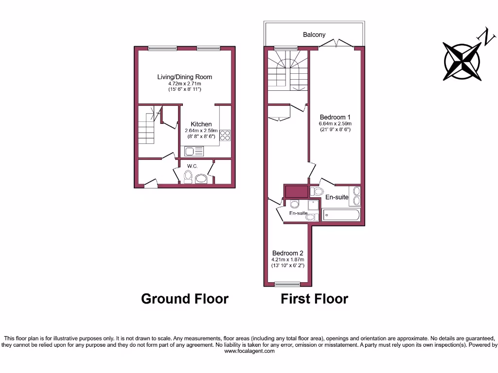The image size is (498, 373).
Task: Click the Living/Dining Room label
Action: pos(184,77)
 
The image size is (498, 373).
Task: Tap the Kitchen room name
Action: pos(201,124)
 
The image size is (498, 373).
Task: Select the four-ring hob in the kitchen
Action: pos(225,136)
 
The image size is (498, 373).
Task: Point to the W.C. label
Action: pos(192,167)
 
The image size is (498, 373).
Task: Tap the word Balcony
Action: pos(314,34)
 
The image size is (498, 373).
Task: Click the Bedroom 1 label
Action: pos(335,117)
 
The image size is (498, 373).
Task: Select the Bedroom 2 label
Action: pos(287,253)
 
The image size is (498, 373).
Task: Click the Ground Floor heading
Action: pos(185,298)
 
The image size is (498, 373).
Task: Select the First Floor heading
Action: pos(314,298)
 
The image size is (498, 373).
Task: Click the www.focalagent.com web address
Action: pos(249,351)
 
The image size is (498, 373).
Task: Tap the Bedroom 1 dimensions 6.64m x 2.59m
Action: pos(335,123)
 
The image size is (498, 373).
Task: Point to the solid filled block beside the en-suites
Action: pos(296,191)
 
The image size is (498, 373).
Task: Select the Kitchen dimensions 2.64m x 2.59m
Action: pos(201,131)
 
